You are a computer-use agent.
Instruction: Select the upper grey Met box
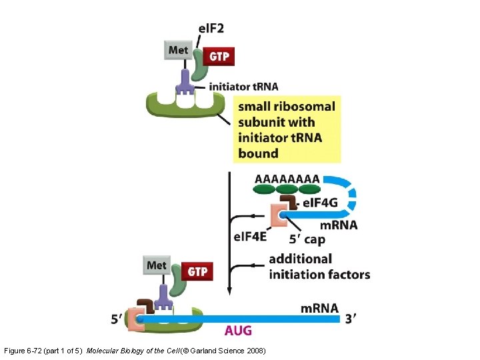point(178,50)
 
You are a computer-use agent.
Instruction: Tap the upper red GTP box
point(219,57)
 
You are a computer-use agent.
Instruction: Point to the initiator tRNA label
point(243,87)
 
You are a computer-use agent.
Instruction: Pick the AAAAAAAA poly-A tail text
point(287,179)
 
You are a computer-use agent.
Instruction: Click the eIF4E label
point(251,237)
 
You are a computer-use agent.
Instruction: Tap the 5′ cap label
point(307,239)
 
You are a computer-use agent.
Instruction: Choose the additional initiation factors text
point(319,267)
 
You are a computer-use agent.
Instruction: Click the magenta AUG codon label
point(238,331)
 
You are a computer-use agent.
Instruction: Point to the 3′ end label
point(350,319)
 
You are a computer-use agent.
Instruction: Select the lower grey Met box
point(157,265)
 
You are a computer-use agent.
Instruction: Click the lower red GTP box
point(197,272)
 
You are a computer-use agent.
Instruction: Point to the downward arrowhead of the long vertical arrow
point(230,292)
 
